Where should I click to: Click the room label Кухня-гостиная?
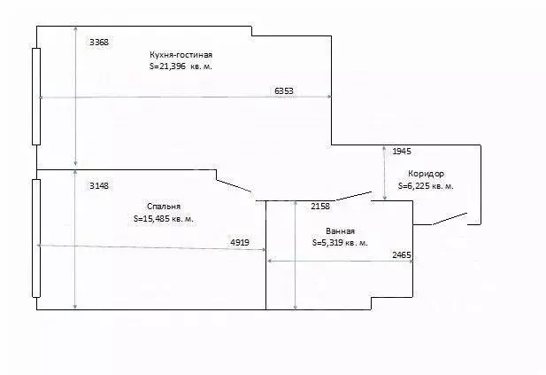click(x=181, y=55)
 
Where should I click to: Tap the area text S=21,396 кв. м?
click(x=181, y=66)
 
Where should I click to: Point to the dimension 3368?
click(x=99, y=42)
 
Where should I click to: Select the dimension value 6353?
click(x=284, y=90)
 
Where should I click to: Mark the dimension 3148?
click(x=99, y=186)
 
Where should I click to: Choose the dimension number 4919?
click(x=239, y=241)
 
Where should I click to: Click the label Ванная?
click(x=327, y=230)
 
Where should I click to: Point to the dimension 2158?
click(x=319, y=207)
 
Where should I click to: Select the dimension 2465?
click(x=401, y=255)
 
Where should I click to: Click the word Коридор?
click(x=427, y=174)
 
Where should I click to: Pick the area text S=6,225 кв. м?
click(x=427, y=186)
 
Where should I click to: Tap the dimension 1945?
click(x=401, y=152)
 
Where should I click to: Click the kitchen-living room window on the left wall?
click(x=35, y=96)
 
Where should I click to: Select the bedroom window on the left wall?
click(x=35, y=238)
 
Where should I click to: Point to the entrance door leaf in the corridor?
click(x=450, y=218)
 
